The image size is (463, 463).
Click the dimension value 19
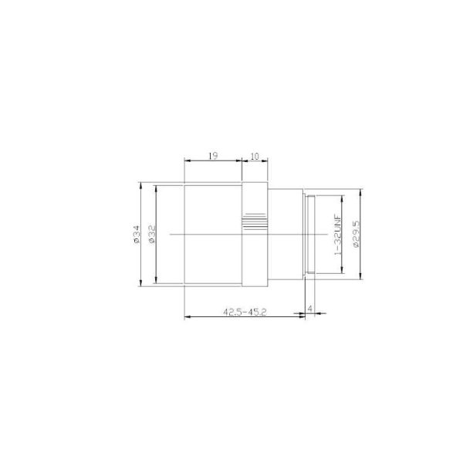click(x=213, y=156)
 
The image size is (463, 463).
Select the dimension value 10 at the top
click(x=255, y=156)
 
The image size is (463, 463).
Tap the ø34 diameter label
click(x=136, y=235)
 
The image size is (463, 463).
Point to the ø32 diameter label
click(x=152, y=235)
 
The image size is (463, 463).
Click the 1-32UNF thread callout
click(x=337, y=235)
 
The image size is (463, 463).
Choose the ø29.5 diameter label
click(x=356, y=234)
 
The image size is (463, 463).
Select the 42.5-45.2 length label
click(x=245, y=312)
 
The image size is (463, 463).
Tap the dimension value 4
click(x=310, y=309)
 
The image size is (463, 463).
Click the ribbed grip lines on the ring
click(x=255, y=221)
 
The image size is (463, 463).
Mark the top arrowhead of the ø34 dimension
click(x=141, y=185)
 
